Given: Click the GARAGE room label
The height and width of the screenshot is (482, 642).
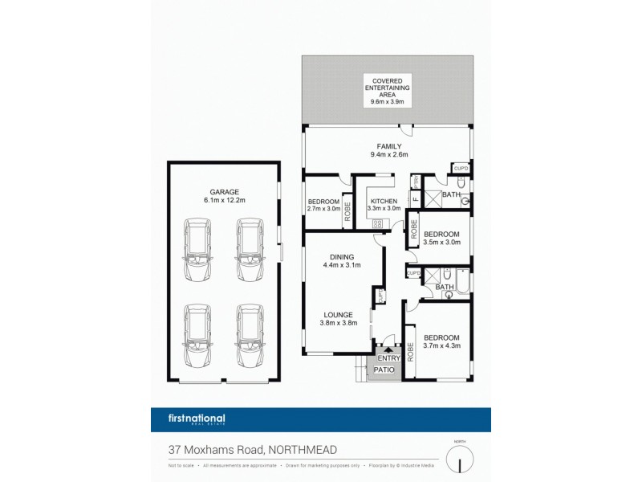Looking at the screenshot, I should [x=224, y=192].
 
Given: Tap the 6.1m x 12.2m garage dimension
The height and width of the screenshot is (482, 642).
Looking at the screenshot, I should [x=224, y=201].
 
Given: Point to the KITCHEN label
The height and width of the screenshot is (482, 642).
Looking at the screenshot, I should [x=383, y=200].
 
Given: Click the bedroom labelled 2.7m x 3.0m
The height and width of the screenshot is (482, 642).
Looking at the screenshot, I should [x=323, y=205].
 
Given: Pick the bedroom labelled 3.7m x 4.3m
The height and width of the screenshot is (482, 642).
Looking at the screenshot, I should [x=441, y=341].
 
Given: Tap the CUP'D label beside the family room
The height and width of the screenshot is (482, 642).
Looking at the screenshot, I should [x=460, y=168].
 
